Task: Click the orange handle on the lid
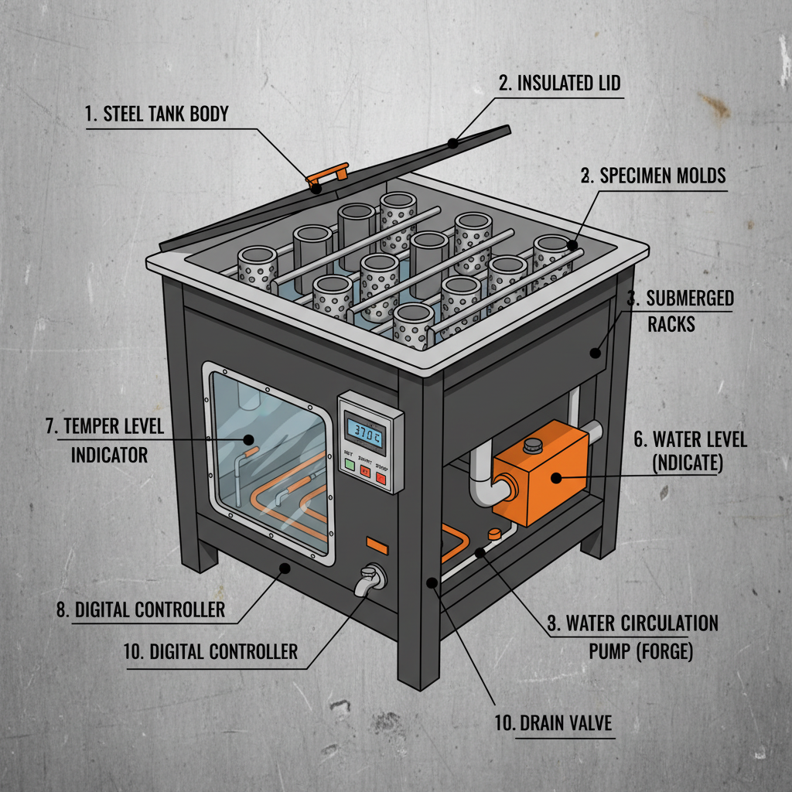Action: [327, 176]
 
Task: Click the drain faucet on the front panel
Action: [370, 579]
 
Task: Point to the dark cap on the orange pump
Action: [531, 445]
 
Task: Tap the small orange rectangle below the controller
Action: [377, 544]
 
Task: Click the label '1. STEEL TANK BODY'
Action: [157, 115]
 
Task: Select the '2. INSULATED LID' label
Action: [559, 83]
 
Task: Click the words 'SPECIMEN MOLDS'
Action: [664, 176]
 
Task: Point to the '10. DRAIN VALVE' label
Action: [553, 724]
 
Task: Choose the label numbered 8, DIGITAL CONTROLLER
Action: [140, 609]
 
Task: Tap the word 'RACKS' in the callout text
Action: [671, 323]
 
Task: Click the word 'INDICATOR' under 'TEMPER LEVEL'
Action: [109, 456]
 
